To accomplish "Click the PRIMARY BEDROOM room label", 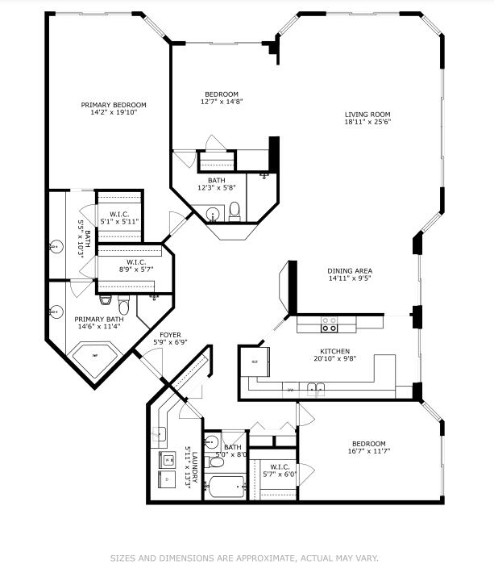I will click(114, 105).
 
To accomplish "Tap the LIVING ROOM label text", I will click(367, 114).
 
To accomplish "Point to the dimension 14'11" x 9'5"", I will click(350, 279).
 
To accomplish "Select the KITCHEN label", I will click(334, 351).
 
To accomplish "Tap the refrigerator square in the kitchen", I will click(255, 362).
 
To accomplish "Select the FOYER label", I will click(170, 334).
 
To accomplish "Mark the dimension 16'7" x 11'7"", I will click(368, 452).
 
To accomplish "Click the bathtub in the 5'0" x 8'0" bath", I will click(225, 487).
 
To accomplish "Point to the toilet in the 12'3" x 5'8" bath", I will click(235, 212).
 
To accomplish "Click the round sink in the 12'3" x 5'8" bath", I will click(213, 215).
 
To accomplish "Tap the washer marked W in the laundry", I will click(168, 462).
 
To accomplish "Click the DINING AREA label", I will click(350, 270).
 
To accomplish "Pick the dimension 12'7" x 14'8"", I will click(221, 102).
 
